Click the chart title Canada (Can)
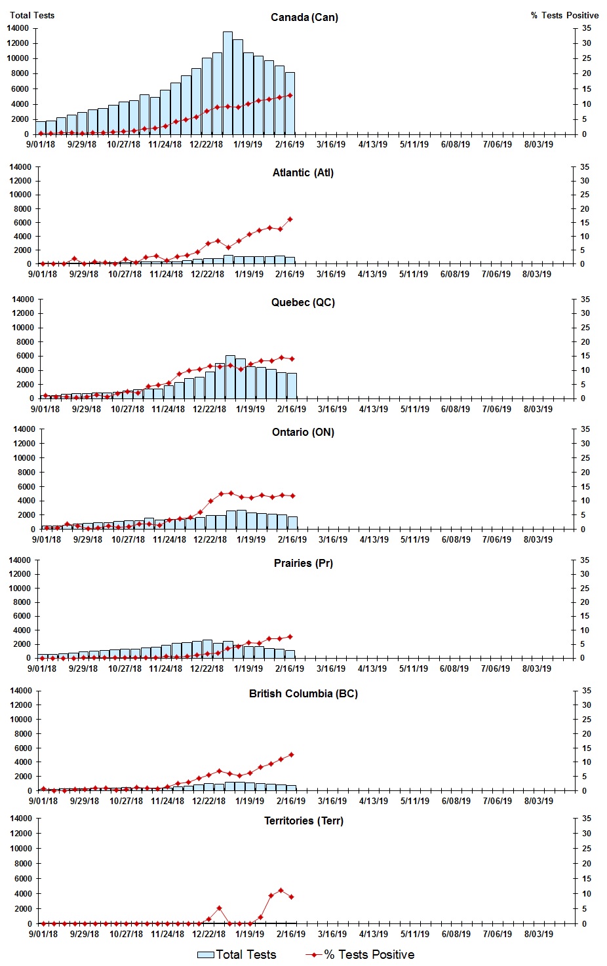click(x=304, y=18)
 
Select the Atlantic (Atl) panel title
click(x=303, y=173)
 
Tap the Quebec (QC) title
click(x=303, y=303)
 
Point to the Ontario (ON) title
click(x=303, y=433)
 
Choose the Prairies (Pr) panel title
click(x=303, y=564)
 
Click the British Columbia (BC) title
click(x=303, y=694)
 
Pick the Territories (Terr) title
click(x=303, y=821)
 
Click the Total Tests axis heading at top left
click(x=32, y=15)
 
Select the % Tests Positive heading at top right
click(x=564, y=15)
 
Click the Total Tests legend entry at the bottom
click(x=237, y=955)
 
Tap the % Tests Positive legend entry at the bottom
click(x=361, y=955)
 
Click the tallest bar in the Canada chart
click(x=227, y=82)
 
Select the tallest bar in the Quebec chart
click(x=230, y=376)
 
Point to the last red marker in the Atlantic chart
click(x=290, y=220)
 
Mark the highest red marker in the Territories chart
click(x=281, y=890)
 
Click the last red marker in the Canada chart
click(x=290, y=95)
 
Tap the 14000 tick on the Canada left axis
click(x=18, y=28)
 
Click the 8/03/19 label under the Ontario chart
click(x=538, y=540)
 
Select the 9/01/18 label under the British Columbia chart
click(x=43, y=801)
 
